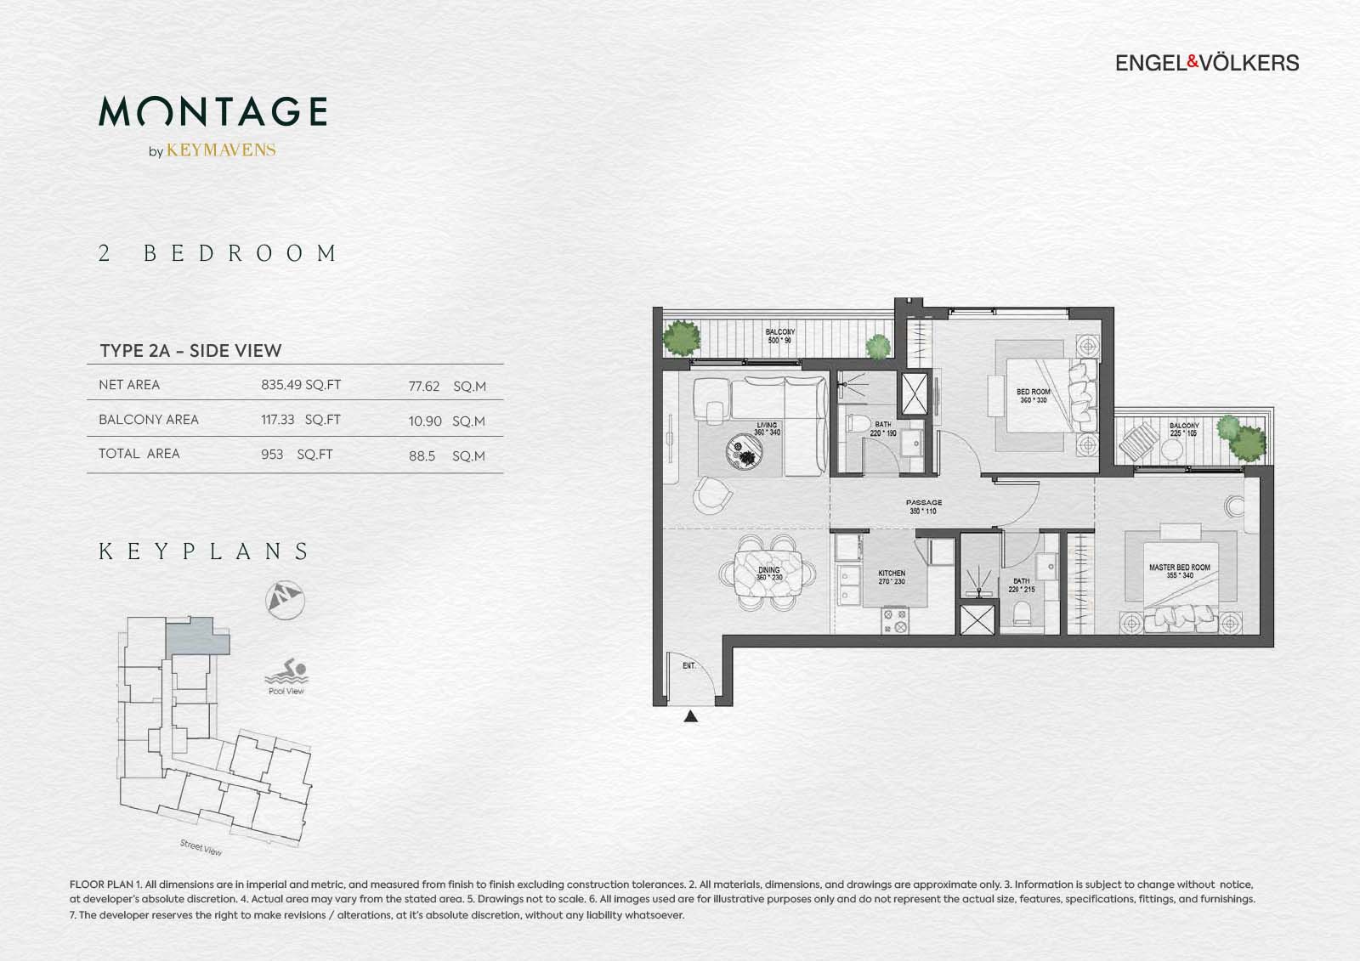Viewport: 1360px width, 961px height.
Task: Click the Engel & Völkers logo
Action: pos(1206,63)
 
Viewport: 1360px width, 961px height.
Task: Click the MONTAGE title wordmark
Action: pos(212,111)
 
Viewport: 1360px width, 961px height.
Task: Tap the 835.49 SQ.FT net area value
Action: pos(301,385)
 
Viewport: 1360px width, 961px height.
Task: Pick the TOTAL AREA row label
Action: pos(139,454)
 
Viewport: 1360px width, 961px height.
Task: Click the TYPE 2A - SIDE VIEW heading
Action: pos(190,351)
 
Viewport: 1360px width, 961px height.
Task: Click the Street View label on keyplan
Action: pos(201,847)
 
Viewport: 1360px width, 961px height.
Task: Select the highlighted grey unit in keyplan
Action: pos(195,636)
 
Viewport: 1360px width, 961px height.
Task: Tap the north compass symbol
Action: pos(285,598)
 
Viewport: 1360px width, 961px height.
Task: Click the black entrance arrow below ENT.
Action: pos(691,717)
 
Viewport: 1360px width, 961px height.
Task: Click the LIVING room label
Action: pos(767,428)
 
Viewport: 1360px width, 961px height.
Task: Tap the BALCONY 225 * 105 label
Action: pos(1183,429)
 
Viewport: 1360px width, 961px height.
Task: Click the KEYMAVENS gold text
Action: pos(221,150)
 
